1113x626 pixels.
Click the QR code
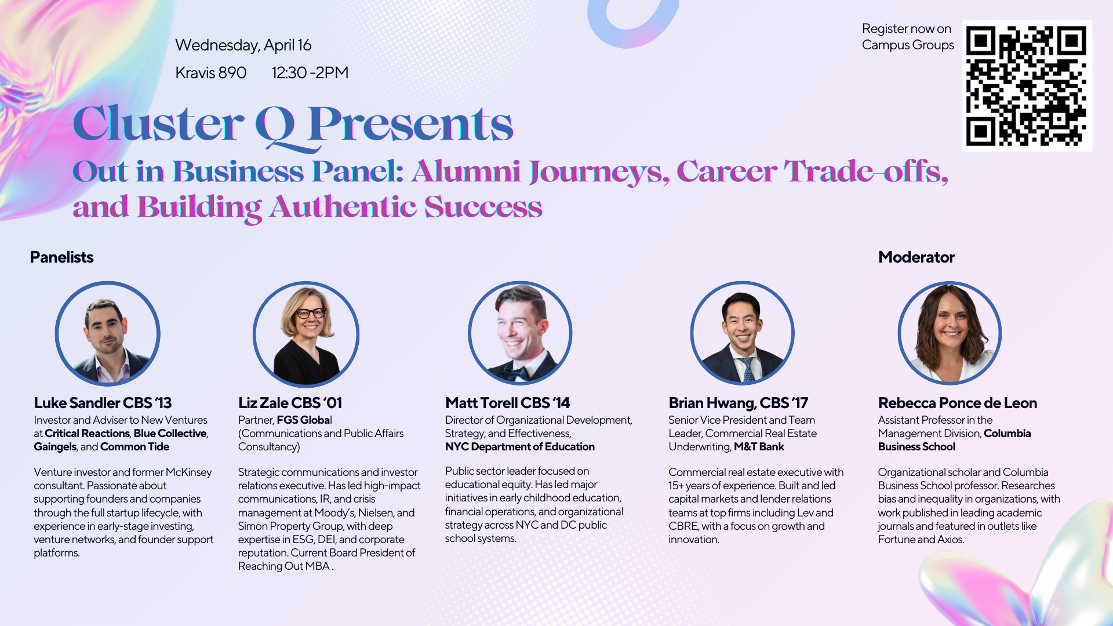[x=1027, y=86]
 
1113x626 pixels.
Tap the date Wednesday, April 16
[x=243, y=45]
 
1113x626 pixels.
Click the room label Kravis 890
[x=211, y=72]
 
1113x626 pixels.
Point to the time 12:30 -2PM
[x=310, y=72]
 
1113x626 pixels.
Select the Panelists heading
[x=61, y=257]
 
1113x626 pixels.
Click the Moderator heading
[x=916, y=257]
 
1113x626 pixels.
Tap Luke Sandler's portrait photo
[x=107, y=334]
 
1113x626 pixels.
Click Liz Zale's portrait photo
[x=306, y=334]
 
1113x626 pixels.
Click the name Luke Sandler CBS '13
[x=103, y=403]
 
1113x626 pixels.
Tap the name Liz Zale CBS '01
[x=290, y=403]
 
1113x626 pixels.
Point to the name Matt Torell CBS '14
[x=507, y=403]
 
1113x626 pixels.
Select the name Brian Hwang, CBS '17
[x=738, y=403]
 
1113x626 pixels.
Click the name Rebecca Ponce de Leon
[x=957, y=403]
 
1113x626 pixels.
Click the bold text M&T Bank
[x=759, y=447]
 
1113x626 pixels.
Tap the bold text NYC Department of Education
[x=519, y=447]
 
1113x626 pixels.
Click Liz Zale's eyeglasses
[x=310, y=314]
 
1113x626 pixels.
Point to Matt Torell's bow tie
[x=515, y=372]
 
